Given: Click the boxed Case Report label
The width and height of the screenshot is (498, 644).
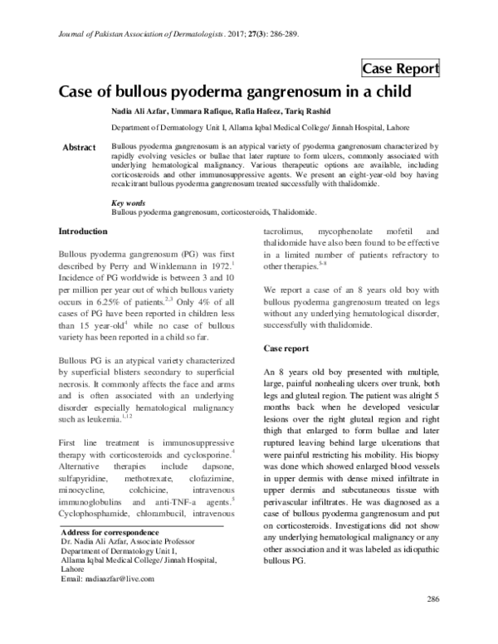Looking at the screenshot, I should [399, 67].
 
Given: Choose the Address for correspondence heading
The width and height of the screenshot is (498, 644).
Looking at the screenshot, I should [113, 532].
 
